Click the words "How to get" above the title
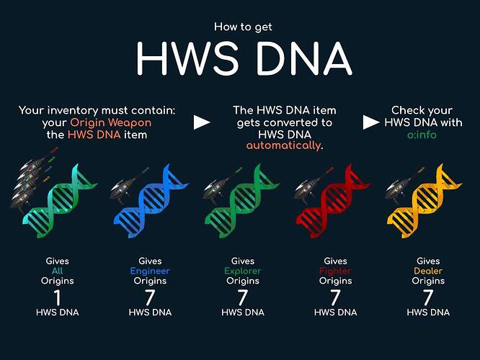[x=243, y=27]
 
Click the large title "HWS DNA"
[x=244, y=58]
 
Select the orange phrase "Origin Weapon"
[x=110, y=122]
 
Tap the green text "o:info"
[x=422, y=135]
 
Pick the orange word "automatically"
[x=284, y=145]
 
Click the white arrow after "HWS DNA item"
[x=202, y=122]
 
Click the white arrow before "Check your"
[x=371, y=122]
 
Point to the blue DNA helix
[x=150, y=202]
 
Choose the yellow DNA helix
[x=424, y=202]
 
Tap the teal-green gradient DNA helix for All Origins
[x=60, y=202]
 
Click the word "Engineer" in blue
[x=150, y=271]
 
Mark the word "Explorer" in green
[x=243, y=271]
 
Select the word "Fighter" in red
[x=335, y=271]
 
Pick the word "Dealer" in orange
[x=428, y=271]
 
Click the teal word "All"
[x=57, y=271]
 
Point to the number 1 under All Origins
[x=57, y=297]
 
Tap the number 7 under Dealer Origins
[x=428, y=297]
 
